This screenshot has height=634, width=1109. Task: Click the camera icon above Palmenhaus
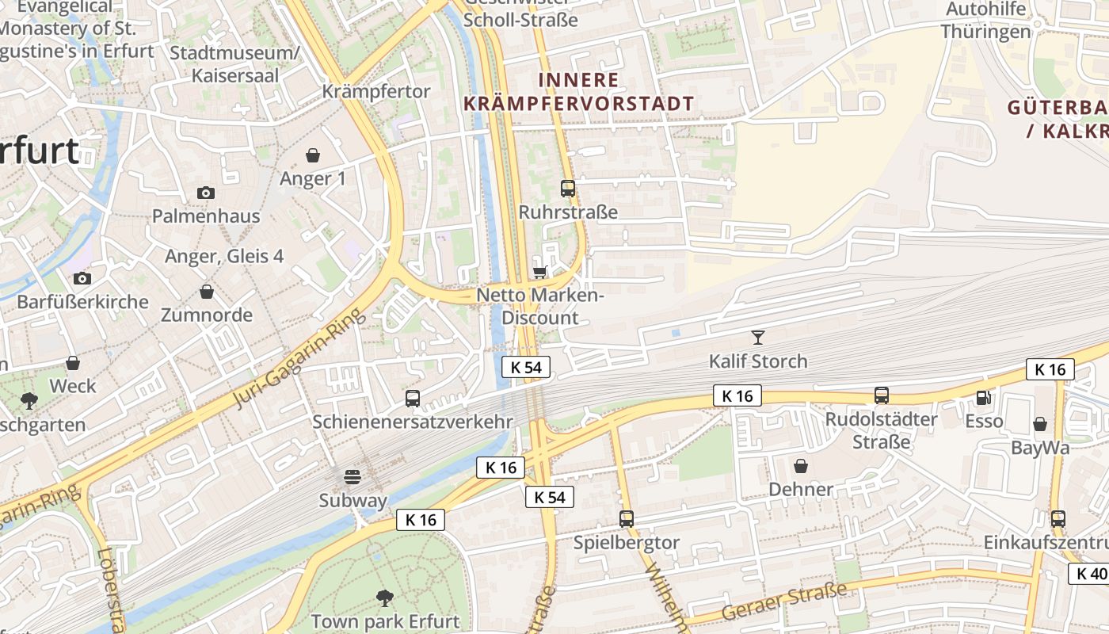coord(205,193)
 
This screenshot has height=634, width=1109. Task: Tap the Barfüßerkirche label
coord(82,302)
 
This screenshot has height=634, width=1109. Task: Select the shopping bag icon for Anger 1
coord(313,155)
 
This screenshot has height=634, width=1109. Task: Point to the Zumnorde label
coord(206,315)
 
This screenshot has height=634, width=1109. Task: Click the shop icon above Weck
coord(73,363)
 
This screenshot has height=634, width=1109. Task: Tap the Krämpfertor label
coord(376,91)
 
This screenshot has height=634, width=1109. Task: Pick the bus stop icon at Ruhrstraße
coord(568,189)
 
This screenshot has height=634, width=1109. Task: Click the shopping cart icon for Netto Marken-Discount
coord(540,272)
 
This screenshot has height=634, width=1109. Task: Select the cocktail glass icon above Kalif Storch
coord(758,338)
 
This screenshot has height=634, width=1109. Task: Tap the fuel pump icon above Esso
coord(984,398)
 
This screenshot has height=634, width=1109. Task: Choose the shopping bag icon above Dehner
coord(801,465)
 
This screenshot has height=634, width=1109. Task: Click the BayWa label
coord(1040,448)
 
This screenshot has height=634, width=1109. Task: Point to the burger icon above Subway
coord(353,477)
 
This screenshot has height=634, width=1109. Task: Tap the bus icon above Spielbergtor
coord(627,519)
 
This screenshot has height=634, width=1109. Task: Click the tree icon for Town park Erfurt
coord(385,598)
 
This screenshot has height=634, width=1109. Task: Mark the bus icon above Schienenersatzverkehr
coord(413,399)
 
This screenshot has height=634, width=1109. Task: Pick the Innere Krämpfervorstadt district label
coord(578,91)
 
